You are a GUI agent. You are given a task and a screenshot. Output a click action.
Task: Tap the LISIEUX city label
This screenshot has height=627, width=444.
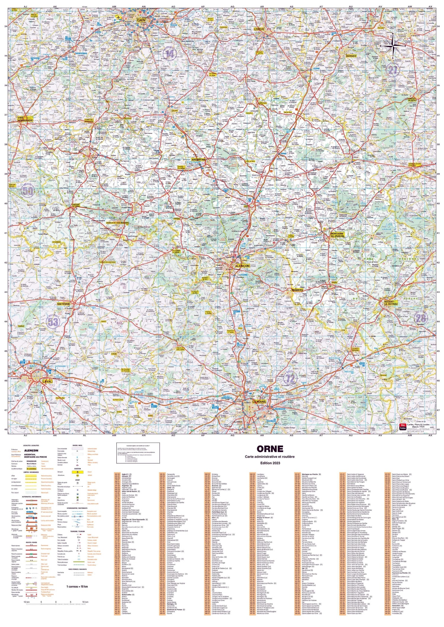point(259,29)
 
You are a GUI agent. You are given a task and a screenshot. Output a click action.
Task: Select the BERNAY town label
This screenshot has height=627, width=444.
point(351,56)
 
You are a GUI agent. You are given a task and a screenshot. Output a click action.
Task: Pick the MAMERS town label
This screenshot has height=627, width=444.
point(297,290)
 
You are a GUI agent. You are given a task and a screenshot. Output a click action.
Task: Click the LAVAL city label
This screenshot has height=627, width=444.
point(47,382)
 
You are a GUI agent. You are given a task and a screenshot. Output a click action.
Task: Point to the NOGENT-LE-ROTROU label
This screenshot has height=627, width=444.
point(390,302)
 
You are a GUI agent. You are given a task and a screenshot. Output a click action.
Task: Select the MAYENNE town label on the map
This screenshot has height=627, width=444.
point(63,304)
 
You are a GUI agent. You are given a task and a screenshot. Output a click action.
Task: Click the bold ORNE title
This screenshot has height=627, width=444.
point(270,449)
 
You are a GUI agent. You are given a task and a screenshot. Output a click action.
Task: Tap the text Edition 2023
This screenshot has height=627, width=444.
point(270,463)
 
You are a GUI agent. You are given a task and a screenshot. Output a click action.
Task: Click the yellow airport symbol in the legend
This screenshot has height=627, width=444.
point(77,472)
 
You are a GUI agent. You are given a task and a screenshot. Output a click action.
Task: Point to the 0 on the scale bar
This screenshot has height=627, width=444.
point(56,601)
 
